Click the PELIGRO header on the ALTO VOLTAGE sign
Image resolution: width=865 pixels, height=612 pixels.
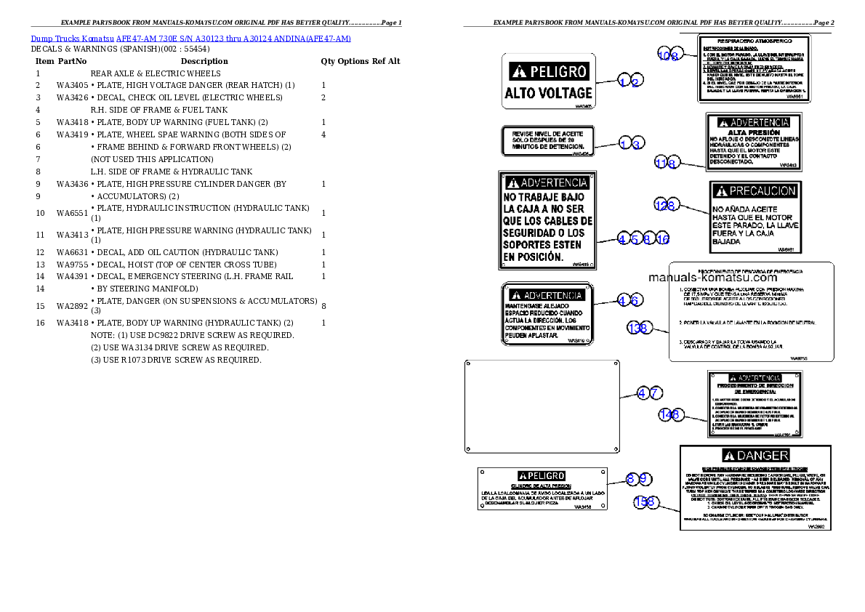(x=549, y=71)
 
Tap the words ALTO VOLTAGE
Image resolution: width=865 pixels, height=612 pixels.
(x=549, y=93)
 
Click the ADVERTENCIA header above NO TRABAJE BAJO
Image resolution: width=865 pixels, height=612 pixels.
(x=547, y=183)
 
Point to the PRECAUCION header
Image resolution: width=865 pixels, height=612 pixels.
(x=755, y=191)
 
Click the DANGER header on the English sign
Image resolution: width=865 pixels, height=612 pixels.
(x=754, y=456)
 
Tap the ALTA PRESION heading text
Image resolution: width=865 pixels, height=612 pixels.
(x=754, y=133)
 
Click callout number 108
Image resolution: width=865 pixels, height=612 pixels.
(x=669, y=55)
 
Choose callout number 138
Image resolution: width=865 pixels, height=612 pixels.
(x=638, y=329)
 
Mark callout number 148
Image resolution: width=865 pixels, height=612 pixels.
(x=669, y=414)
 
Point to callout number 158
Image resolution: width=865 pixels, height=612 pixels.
(x=644, y=502)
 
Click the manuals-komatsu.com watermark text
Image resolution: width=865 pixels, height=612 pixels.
(x=712, y=278)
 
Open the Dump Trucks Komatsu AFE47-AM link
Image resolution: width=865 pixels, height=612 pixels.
(x=190, y=39)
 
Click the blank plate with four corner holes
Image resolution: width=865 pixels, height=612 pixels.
(x=542, y=406)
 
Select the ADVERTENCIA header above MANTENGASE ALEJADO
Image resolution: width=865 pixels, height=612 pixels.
(x=547, y=295)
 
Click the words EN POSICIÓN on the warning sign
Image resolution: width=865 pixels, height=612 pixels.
(x=533, y=257)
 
